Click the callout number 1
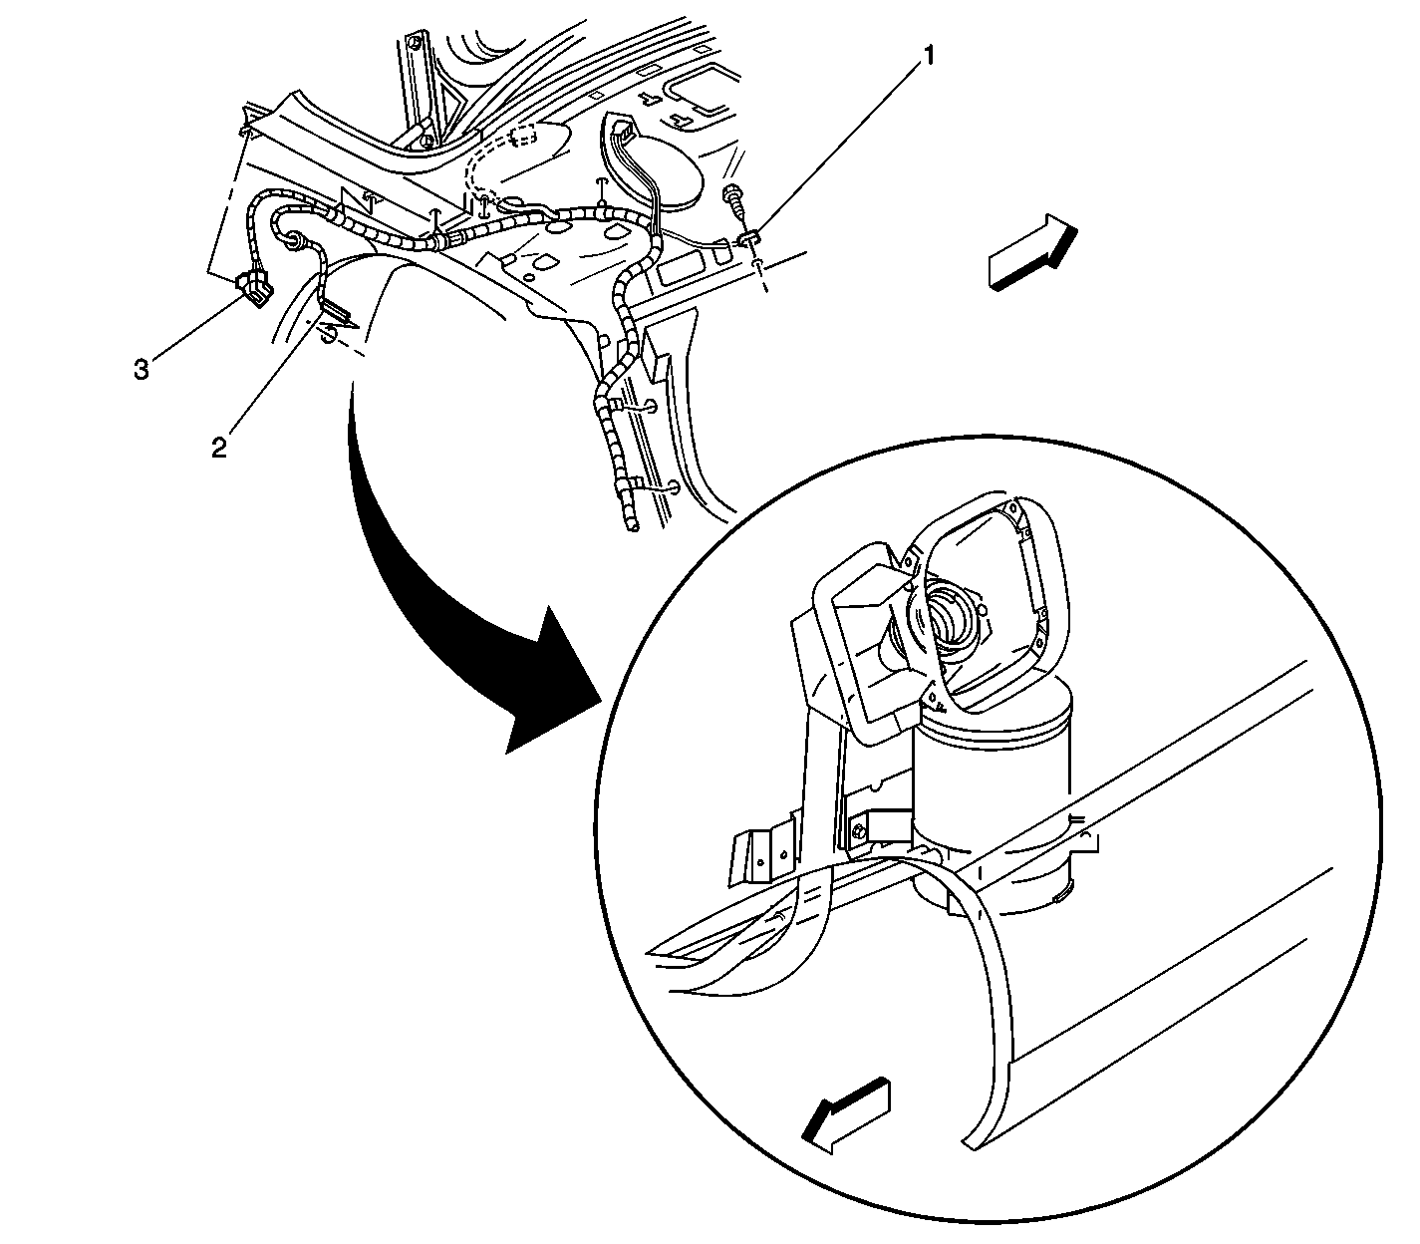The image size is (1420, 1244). click(927, 56)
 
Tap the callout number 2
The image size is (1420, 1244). click(219, 448)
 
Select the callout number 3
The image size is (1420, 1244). click(142, 370)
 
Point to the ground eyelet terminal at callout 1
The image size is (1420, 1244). click(748, 239)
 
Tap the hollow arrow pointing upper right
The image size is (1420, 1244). click(1032, 251)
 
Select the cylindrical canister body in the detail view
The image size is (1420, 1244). click(992, 798)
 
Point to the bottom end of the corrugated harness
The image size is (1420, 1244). click(632, 527)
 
